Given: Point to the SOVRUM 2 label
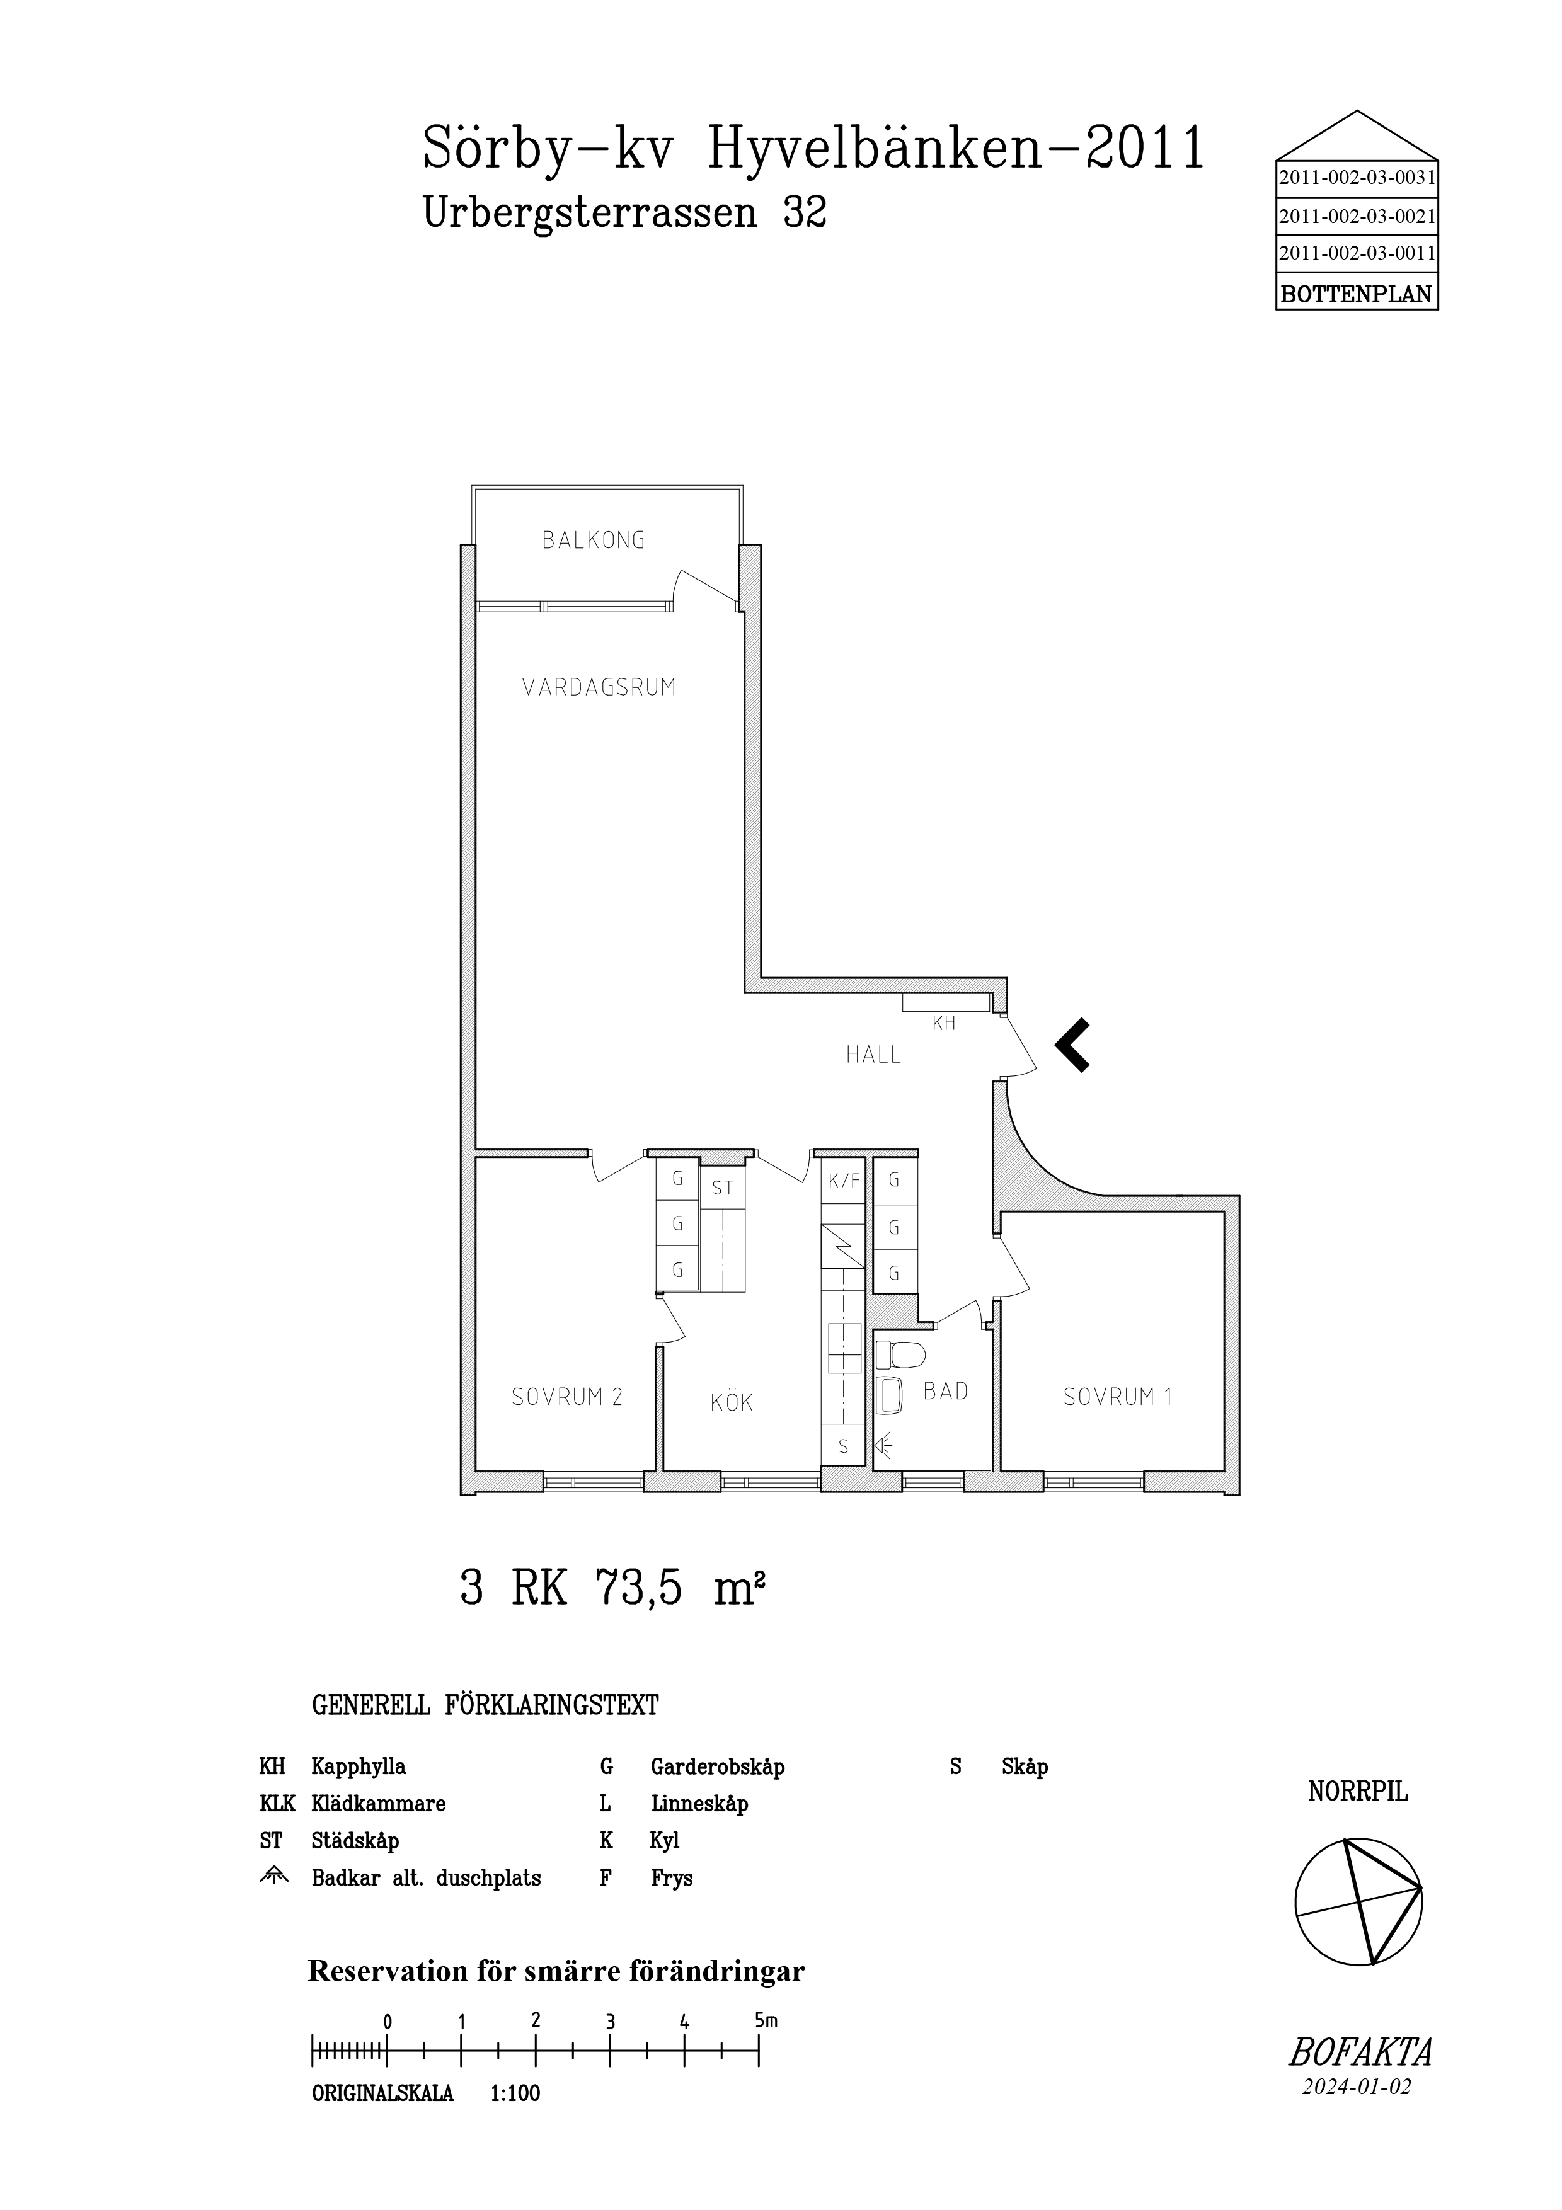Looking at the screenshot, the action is (567, 1397).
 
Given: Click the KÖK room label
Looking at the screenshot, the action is (732, 1402).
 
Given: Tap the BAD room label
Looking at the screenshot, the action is (945, 1391).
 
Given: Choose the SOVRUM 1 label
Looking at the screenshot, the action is (1117, 1397).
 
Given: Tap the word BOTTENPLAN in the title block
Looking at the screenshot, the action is (1357, 295).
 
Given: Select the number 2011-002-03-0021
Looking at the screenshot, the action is (1357, 217).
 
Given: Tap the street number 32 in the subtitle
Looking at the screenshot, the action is (805, 213).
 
